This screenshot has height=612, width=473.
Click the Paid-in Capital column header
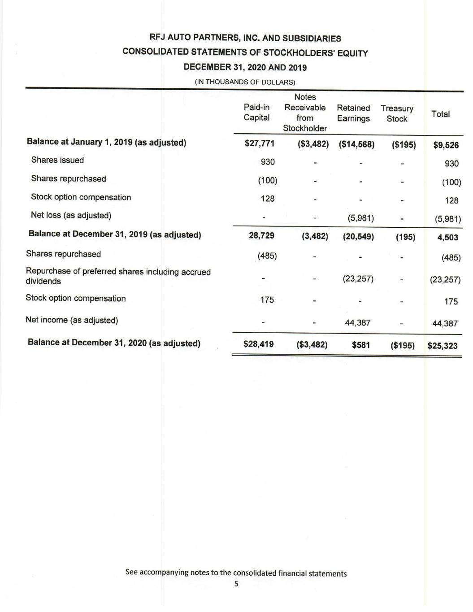(x=256, y=113)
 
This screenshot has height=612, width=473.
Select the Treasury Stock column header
(x=397, y=113)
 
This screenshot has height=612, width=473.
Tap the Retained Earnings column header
(x=353, y=113)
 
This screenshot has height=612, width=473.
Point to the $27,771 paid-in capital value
(x=259, y=143)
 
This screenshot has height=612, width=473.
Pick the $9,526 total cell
(x=446, y=145)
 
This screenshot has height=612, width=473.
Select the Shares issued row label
(x=57, y=160)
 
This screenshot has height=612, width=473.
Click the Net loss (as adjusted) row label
(x=71, y=215)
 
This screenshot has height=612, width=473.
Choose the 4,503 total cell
(x=447, y=237)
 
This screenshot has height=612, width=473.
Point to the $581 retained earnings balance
(x=361, y=345)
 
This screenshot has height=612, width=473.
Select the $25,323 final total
(x=443, y=346)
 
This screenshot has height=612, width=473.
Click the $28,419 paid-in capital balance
(x=258, y=344)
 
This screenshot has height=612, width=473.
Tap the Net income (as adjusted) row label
(x=72, y=320)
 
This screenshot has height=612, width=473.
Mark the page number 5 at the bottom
(x=236, y=584)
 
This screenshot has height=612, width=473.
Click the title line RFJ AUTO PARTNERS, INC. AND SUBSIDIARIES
(x=245, y=39)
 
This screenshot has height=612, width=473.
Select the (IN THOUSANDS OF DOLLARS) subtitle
(x=244, y=82)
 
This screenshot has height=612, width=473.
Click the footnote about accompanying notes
(x=236, y=573)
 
